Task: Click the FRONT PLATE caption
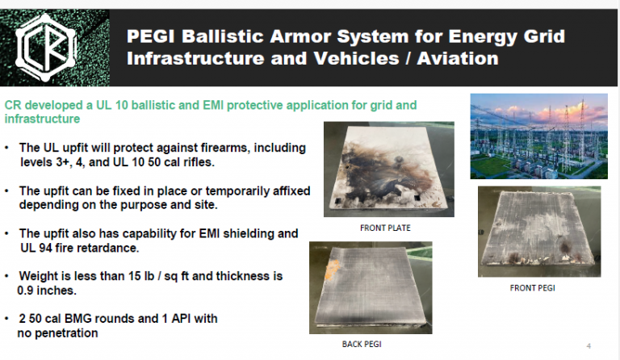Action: click(385, 228)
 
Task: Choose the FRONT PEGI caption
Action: click(532, 287)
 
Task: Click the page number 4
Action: click(589, 345)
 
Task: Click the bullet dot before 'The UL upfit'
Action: click(7, 149)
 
